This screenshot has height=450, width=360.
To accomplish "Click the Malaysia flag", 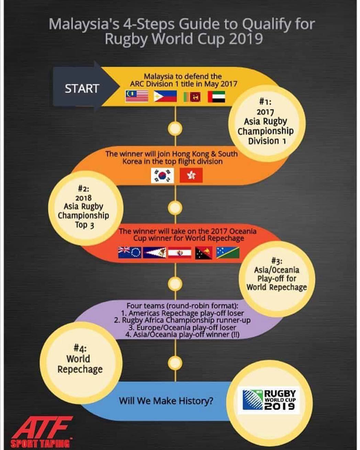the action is pyautogui.click(x=137, y=96).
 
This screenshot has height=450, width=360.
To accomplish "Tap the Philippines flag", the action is pyautogui.click(x=165, y=96).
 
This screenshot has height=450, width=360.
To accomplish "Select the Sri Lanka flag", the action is pyautogui.click(x=192, y=97).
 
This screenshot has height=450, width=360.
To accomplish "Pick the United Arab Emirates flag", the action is pyautogui.click(x=216, y=97).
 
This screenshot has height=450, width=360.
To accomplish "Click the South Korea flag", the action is pyautogui.click(x=162, y=176).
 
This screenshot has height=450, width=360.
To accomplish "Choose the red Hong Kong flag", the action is pyautogui.click(x=191, y=176).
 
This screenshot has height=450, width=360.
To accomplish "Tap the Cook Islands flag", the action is pyautogui.click(x=130, y=252).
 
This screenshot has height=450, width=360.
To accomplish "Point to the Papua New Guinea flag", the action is pyautogui.click(x=204, y=253).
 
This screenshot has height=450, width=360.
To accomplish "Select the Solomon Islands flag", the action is pyautogui.click(x=228, y=252).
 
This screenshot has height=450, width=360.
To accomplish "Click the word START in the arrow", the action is pyautogui.click(x=82, y=89).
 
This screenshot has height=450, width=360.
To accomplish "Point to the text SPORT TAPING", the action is pyautogui.click(x=40, y=444).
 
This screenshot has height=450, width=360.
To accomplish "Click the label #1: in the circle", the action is pyautogui.click(x=265, y=102).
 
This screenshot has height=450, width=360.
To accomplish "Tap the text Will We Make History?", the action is pyautogui.click(x=166, y=401).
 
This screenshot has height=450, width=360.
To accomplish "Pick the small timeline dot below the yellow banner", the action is pyautogui.click(x=175, y=128).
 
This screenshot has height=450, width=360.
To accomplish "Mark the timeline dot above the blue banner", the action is pyautogui.click(x=175, y=363).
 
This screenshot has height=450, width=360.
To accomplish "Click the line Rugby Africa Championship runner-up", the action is pyautogui.click(x=182, y=320).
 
